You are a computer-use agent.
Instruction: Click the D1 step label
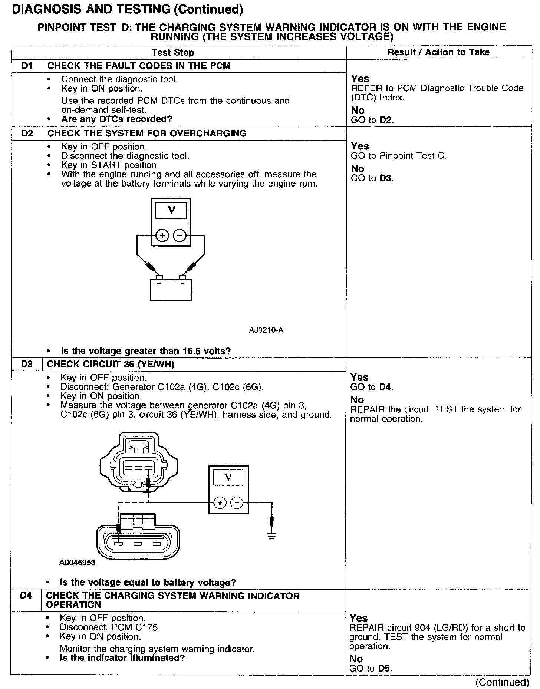click(27, 66)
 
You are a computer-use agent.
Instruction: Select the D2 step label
click(27, 133)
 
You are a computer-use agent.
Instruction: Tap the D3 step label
click(27, 364)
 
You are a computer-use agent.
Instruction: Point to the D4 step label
click(26, 596)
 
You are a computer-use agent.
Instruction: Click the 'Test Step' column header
click(173, 53)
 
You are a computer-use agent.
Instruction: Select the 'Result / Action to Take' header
click(438, 52)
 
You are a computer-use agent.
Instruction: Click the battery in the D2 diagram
click(171, 290)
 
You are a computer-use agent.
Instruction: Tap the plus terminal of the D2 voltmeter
click(162, 235)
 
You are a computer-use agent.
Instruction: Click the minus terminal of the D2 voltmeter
click(180, 235)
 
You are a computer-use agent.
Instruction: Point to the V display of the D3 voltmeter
click(228, 477)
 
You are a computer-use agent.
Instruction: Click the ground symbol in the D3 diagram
click(272, 535)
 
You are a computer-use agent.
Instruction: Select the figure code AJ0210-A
click(266, 330)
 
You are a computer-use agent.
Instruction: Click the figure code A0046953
click(77, 563)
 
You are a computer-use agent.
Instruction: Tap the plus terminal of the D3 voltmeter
click(220, 503)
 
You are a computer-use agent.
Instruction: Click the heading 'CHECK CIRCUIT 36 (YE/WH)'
click(111, 364)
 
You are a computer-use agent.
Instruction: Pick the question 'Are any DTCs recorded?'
click(116, 119)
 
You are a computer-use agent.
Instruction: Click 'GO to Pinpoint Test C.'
click(399, 156)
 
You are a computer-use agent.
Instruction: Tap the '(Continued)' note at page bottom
click(502, 683)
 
